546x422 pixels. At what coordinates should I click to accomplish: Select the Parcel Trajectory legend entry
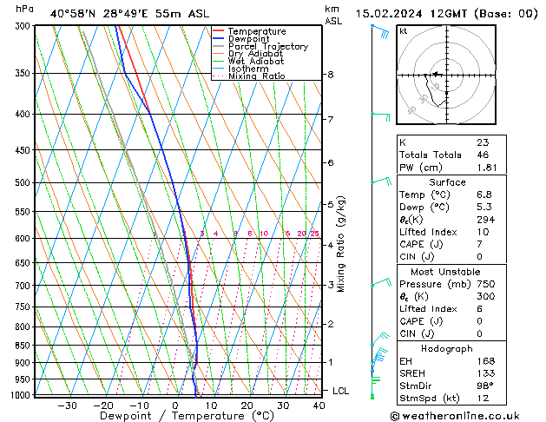click(x=267, y=46)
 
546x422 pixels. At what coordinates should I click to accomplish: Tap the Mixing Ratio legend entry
click(x=257, y=76)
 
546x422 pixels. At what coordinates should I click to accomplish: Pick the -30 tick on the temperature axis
click(x=67, y=405)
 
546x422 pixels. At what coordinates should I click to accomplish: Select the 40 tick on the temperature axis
click(x=319, y=405)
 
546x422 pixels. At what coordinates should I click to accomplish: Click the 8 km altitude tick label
click(x=330, y=75)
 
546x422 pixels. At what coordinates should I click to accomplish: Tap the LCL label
click(x=340, y=392)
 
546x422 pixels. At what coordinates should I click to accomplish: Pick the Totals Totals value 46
click(x=483, y=155)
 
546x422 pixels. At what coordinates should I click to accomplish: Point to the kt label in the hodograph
click(x=404, y=31)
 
